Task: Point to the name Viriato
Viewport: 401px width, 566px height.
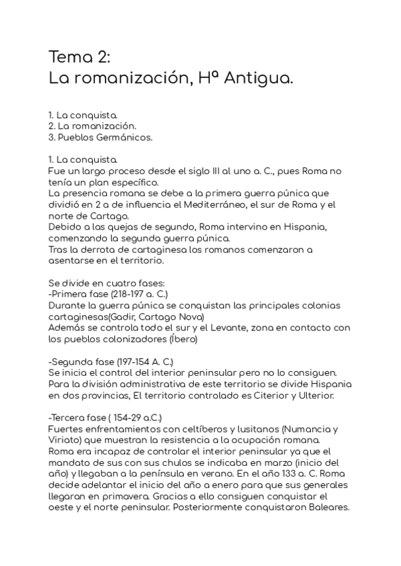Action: click(x=65, y=440)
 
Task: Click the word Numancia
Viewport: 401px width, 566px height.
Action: click(x=309, y=429)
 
